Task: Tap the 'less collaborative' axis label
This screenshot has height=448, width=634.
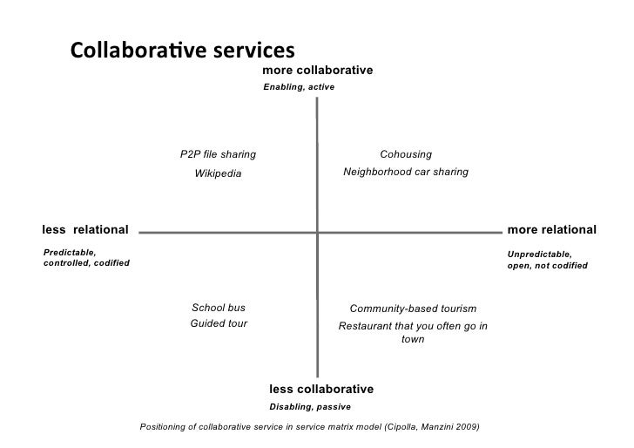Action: pyautogui.click(x=320, y=389)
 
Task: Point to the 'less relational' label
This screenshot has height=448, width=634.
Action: pyautogui.click(x=85, y=229)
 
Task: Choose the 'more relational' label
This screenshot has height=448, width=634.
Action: pyautogui.click(x=551, y=229)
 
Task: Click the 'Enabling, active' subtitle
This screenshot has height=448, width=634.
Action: pyautogui.click(x=298, y=88)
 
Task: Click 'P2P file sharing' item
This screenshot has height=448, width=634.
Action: pyautogui.click(x=218, y=154)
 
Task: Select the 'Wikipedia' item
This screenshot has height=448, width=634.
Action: pyautogui.click(x=218, y=173)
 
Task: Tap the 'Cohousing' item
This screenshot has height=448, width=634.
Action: pyautogui.click(x=406, y=154)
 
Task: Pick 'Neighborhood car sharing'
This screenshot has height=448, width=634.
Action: pyautogui.click(x=406, y=173)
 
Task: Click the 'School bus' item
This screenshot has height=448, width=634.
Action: pyautogui.click(x=218, y=308)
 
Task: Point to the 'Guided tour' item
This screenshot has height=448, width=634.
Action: pyautogui.click(x=219, y=323)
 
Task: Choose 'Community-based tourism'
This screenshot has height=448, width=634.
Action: pyautogui.click(x=413, y=309)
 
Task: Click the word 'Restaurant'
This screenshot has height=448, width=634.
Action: pyautogui.click(x=365, y=327)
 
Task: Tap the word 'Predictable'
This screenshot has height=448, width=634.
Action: pyautogui.click(x=69, y=252)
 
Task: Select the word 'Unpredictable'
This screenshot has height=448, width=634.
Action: pyautogui.click(x=538, y=254)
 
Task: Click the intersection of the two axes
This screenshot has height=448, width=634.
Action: pyautogui.click(x=317, y=233)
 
